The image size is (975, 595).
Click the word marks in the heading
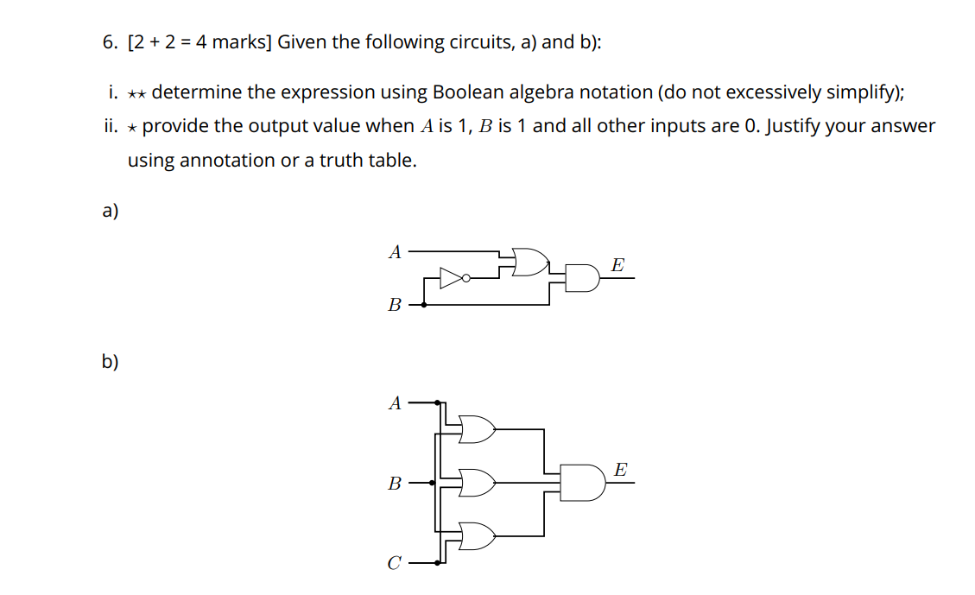click(241, 42)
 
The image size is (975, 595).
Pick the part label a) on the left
click(111, 212)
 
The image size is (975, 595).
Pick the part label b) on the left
click(111, 362)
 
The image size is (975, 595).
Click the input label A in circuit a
click(395, 252)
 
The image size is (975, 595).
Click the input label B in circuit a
click(395, 304)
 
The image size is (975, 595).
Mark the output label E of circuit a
click(617, 265)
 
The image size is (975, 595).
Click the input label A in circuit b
click(395, 402)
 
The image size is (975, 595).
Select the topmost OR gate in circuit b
click(478, 428)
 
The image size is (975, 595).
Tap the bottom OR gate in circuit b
click(478, 536)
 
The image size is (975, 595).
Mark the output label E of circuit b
click(620, 470)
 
